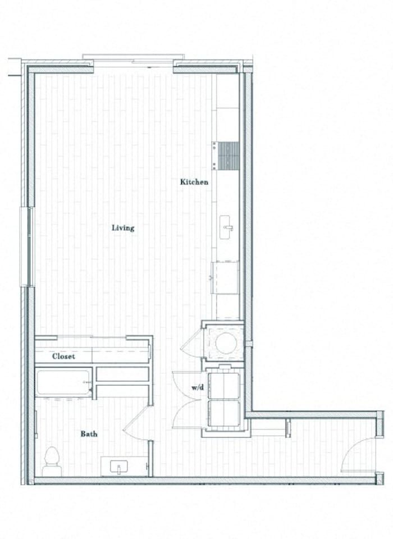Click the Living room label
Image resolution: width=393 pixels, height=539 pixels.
123,228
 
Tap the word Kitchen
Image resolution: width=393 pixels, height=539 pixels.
194,182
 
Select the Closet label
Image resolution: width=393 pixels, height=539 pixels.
63,357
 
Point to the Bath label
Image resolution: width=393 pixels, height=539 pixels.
89,433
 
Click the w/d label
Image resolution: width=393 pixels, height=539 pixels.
197,387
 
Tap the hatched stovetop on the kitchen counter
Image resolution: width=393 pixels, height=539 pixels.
228,155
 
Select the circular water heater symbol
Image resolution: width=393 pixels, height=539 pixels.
226,342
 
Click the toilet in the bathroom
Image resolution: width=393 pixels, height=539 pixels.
51,458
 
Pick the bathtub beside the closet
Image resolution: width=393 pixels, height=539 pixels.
63,383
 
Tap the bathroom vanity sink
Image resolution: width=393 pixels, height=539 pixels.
119,466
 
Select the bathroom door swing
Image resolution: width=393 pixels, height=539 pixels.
136,426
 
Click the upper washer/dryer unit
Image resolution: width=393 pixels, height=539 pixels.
224,385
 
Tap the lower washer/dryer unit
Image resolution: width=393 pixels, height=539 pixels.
224,413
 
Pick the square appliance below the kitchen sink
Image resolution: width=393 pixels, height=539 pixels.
226,277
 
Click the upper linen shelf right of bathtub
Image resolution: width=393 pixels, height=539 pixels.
122,374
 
